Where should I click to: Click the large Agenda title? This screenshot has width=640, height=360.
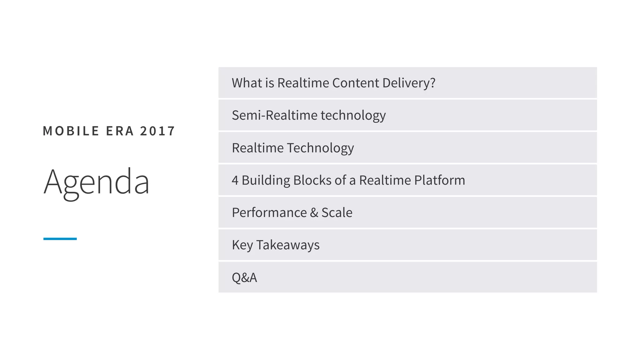(96, 182)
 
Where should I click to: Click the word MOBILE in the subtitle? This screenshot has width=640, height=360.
(71, 131)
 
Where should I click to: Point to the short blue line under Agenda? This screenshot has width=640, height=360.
(60, 239)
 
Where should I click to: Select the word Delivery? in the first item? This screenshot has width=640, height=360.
(408, 83)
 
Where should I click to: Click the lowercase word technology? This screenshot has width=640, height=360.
(353, 116)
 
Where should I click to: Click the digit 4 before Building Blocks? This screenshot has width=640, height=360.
(235, 180)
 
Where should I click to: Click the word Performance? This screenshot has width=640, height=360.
(269, 213)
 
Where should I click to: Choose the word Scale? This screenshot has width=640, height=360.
(337, 213)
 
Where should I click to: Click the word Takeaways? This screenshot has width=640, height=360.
(288, 245)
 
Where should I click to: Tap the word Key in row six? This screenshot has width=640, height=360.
(242, 245)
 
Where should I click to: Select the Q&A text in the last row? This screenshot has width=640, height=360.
(244, 277)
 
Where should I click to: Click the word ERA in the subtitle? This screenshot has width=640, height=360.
(120, 131)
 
